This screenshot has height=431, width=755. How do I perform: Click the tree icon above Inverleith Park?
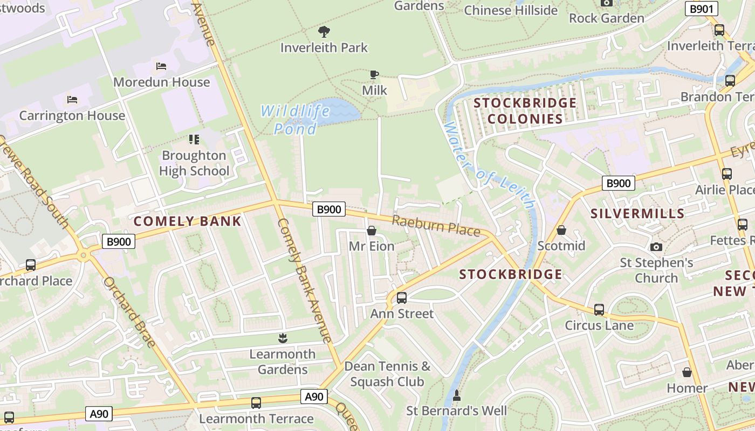324,31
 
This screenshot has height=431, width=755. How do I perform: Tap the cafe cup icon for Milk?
374,74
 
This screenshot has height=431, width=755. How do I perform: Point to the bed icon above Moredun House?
161,66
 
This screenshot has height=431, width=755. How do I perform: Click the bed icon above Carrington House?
72,100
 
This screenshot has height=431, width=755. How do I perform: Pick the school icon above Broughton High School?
194,140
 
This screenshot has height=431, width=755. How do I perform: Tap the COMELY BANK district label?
187,221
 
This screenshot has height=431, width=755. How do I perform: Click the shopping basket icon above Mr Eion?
371,231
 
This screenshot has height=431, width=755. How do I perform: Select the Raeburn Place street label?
436,226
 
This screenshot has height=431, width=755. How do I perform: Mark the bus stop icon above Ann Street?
402,297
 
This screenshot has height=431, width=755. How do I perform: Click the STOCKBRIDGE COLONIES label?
518,110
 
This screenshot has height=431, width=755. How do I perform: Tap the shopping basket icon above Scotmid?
561,230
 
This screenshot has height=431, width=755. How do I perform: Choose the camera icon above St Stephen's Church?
656,247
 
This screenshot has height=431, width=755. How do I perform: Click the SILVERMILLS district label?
637,213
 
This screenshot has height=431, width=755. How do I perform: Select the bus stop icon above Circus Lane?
599,310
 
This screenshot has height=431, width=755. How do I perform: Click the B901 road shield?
702,9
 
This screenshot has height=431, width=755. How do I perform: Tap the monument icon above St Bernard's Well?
456,395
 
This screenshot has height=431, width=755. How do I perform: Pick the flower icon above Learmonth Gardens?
282,338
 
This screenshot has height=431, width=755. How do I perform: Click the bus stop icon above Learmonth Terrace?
256,403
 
